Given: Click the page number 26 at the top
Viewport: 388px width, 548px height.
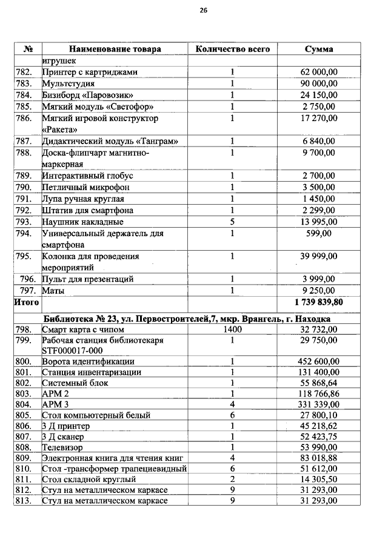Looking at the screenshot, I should pos(203,10).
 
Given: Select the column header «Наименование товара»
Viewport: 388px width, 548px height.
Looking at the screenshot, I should pos(115,49).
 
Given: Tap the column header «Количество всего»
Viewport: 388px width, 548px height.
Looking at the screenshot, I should pos(232,49).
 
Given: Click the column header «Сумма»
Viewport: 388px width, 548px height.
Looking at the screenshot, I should pos(319,49).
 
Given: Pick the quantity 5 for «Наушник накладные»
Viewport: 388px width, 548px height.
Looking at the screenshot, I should pos(232,222).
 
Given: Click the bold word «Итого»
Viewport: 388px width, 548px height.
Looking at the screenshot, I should pos(27,302).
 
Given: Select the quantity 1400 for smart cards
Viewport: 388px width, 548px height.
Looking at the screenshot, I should pos(232,329).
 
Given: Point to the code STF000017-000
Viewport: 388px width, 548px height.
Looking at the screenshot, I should pos(72,351).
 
